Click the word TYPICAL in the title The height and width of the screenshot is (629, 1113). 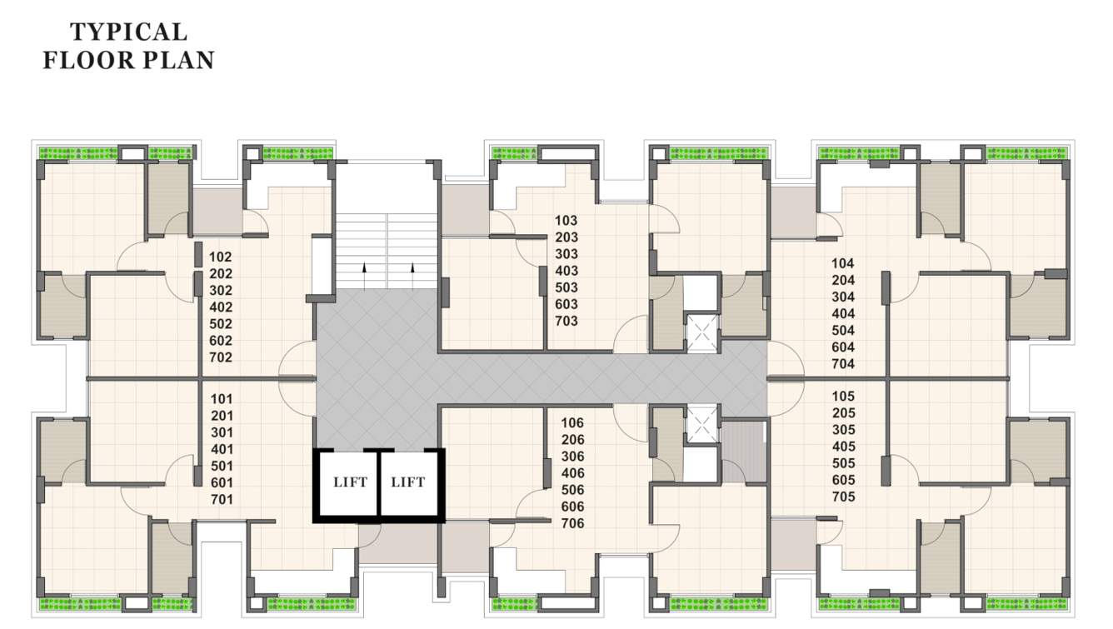point(128,32)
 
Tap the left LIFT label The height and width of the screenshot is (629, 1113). point(350,482)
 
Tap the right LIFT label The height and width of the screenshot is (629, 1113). point(408,482)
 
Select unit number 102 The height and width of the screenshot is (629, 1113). point(221,257)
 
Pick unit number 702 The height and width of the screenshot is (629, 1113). point(221,357)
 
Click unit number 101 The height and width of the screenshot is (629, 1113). point(221,399)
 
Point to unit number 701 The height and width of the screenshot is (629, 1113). point(221,500)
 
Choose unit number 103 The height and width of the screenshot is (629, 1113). point(566,221)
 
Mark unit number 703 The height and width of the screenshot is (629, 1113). point(566,321)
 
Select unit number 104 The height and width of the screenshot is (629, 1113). point(843,263)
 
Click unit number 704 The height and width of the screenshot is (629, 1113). point(843,364)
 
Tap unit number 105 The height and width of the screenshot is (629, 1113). point(843,397)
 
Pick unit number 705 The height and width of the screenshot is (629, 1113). point(843,497)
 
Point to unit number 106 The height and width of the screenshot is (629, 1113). point(573,423)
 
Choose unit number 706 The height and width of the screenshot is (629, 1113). point(573,524)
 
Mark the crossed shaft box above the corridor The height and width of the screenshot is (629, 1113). point(701,332)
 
